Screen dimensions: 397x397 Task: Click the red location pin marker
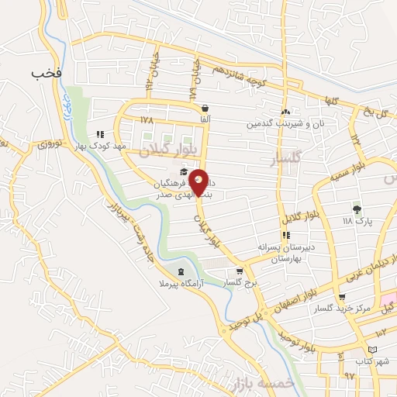tap(199, 181)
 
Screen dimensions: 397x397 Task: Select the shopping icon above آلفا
tap(205, 109)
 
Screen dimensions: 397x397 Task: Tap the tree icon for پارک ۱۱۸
tap(357, 209)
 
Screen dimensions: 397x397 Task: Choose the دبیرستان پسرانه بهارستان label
tap(288, 253)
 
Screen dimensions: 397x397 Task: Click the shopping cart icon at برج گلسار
tap(240, 272)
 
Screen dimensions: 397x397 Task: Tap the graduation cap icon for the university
tap(184, 172)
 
